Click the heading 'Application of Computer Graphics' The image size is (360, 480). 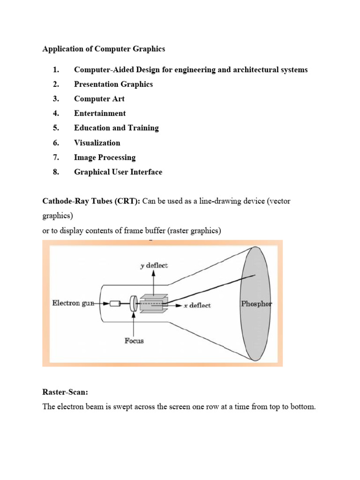pyautogui.click(x=104, y=49)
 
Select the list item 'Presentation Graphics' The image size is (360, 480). pyautogui.click(x=113, y=84)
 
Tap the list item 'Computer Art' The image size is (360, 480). pyautogui.click(x=99, y=99)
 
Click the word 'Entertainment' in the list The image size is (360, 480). pyautogui.click(x=100, y=113)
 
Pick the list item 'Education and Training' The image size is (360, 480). pyautogui.click(x=116, y=128)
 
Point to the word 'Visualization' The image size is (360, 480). pyautogui.click(x=97, y=143)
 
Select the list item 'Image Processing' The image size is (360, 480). pyautogui.click(x=105, y=157)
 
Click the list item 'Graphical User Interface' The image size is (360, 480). pyautogui.click(x=118, y=172)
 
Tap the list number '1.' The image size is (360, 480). pyautogui.click(x=56, y=70)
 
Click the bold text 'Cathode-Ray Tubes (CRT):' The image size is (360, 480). pyautogui.click(x=91, y=201)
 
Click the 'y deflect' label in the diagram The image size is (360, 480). pyautogui.click(x=154, y=265)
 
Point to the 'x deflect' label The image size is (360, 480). pyautogui.click(x=197, y=305)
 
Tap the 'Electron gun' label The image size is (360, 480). pyautogui.click(x=73, y=303)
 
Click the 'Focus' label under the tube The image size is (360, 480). pyautogui.click(x=134, y=341)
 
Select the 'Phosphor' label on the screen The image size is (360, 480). pyautogui.click(x=256, y=303)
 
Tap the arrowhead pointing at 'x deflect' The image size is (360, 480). pyautogui.click(x=179, y=305)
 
